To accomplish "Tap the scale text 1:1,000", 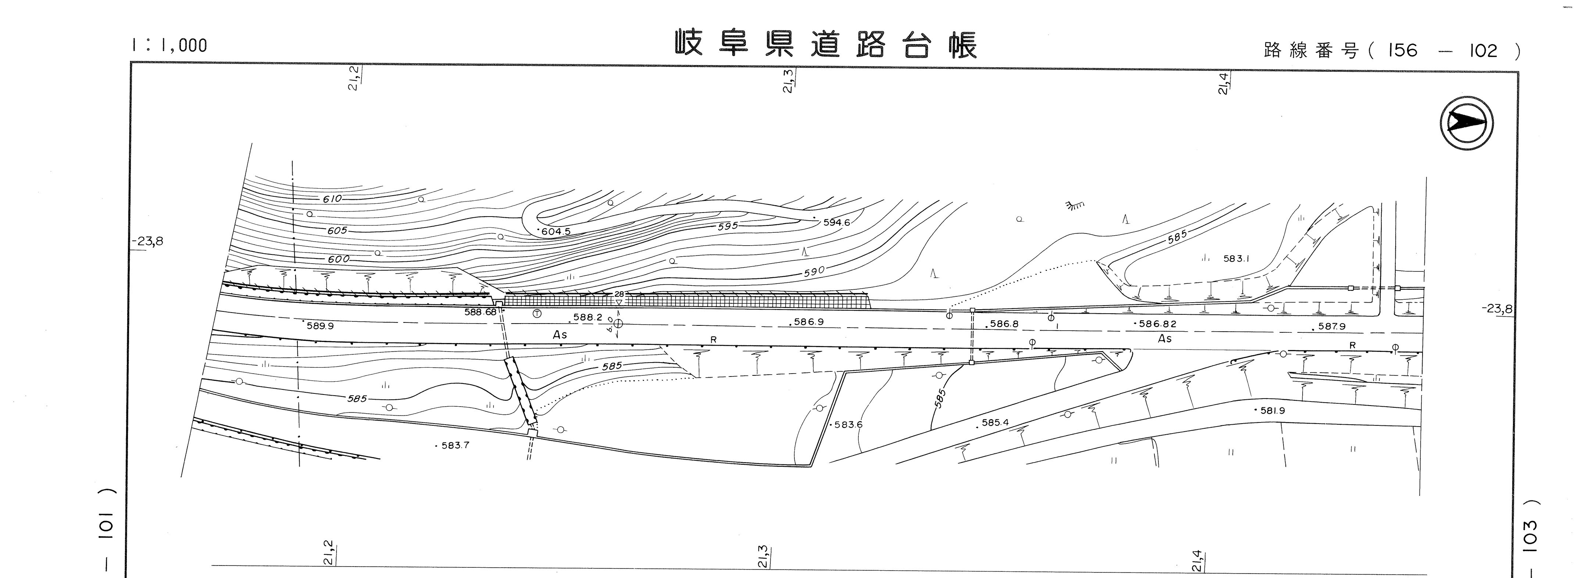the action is coord(169,45).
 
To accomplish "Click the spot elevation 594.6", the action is coord(835,222).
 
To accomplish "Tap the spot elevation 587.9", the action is coord(1330,327).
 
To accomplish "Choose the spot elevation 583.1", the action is coord(1236,258).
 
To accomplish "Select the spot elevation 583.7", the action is coord(453,446).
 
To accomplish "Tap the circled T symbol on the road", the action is coord(537,314).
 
